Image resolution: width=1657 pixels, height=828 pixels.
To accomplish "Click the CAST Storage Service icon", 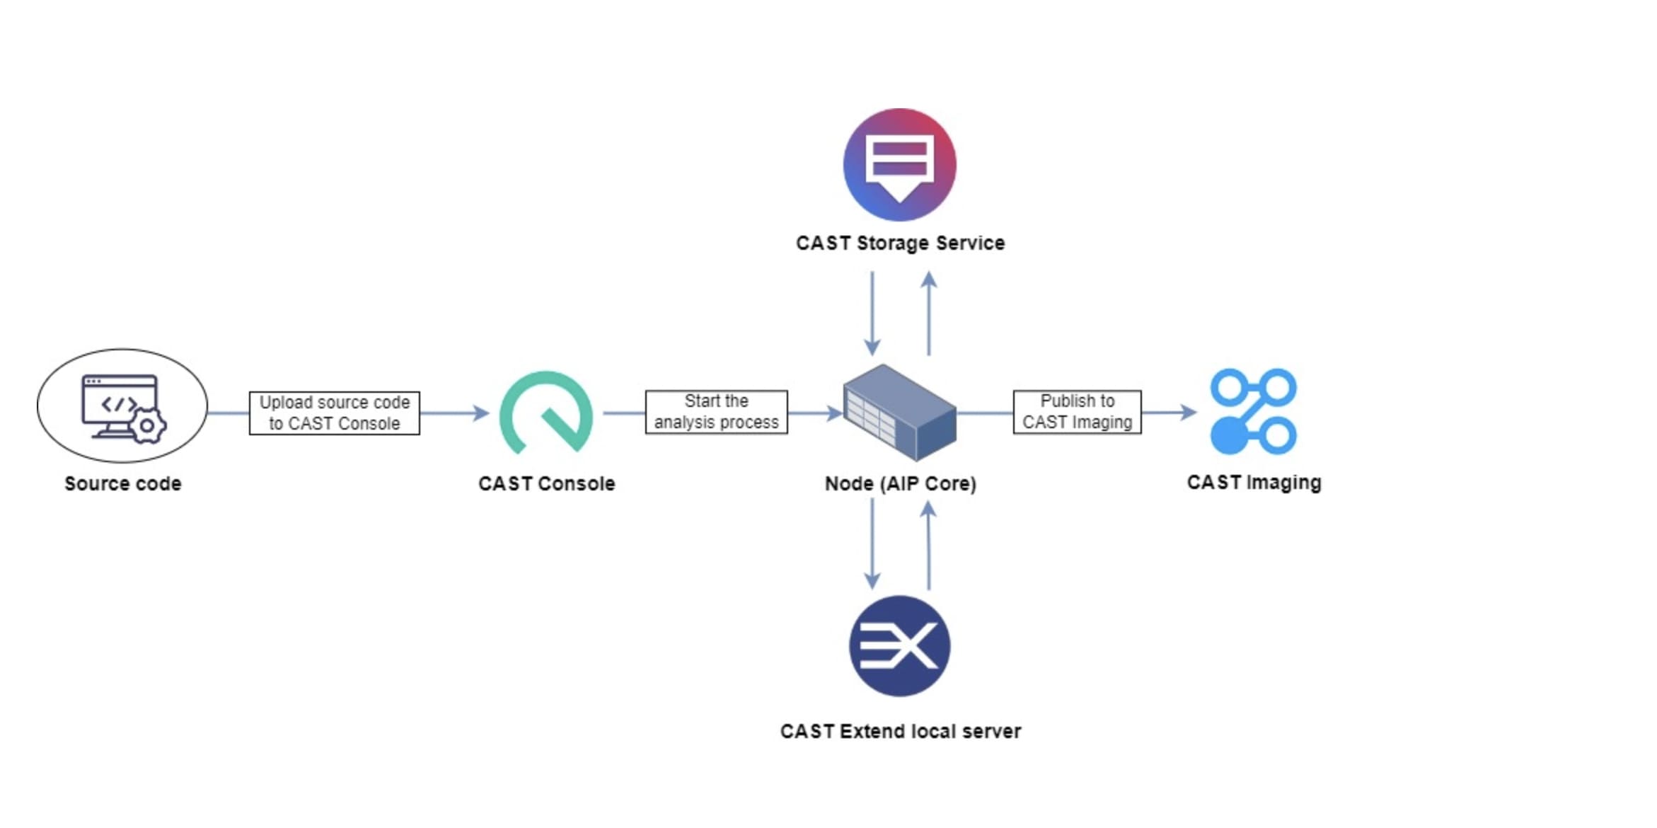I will click(899, 165).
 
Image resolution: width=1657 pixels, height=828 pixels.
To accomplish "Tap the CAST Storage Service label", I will click(900, 243).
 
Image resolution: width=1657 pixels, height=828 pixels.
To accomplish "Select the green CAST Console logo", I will click(545, 413).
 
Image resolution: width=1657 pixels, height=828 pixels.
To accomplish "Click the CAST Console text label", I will click(546, 483).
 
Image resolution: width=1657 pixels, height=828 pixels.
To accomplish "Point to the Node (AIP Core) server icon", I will click(899, 413).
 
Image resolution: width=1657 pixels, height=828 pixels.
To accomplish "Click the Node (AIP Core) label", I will click(900, 483).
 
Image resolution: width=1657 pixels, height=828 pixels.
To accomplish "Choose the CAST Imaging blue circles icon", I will click(1253, 411).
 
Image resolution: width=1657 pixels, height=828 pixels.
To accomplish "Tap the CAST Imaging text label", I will click(1254, 483).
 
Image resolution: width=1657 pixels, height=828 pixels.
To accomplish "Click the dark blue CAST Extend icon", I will click(899, 646).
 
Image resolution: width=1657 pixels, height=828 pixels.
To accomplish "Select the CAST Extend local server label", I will click(900, 731).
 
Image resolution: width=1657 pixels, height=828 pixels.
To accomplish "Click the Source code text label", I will click(122, 483).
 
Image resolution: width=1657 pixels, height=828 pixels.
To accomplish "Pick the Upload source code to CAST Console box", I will click(334, 413).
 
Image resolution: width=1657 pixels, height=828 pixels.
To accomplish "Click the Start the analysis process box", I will click(716, 412).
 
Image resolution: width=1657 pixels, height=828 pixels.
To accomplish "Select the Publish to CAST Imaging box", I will click(1077, 412).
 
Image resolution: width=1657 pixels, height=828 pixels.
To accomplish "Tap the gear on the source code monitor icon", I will click(147, 425).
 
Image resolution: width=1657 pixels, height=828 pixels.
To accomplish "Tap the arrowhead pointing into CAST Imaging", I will click(1189, 412).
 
